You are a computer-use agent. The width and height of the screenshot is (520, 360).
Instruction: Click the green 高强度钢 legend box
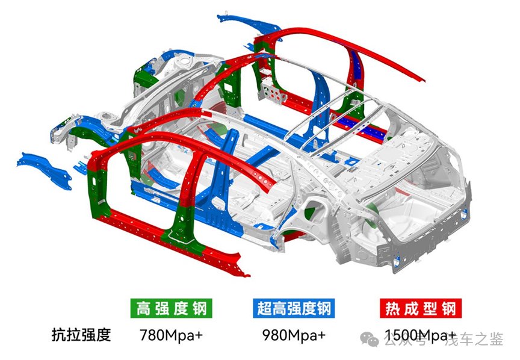coord(171,308)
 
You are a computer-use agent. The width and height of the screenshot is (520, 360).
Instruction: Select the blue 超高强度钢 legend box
coord(294,308)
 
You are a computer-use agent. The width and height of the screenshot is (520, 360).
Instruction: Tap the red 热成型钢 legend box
coord(421,308)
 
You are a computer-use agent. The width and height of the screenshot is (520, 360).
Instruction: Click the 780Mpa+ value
coord(171,335)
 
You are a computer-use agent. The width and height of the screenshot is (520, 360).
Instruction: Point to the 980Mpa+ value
coord(294,335)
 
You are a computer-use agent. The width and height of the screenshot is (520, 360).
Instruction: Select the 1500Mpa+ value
coord(421,335)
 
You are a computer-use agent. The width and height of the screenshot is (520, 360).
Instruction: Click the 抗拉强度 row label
coord(81,335)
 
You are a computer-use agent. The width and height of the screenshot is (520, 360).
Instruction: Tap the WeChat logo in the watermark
coord(370,338)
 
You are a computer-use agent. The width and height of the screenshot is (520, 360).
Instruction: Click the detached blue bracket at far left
coord(44,170)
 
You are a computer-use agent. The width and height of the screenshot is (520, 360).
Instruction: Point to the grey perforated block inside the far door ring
coord(273,90)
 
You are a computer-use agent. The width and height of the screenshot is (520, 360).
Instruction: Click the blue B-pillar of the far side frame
coord(319,110)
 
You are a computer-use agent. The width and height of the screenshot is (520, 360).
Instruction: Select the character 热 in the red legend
coord(392,309)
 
